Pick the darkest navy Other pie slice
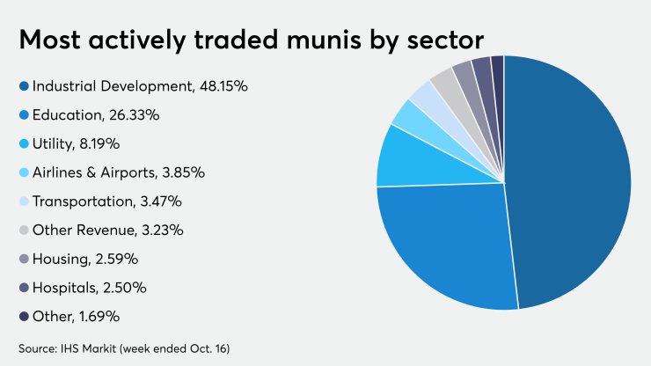(x=498, y=75)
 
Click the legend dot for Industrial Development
(x=24, y=86)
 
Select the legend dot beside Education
(x=24, y=115)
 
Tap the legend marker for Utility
(x=24, y=143)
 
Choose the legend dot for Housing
(x=24, y=259)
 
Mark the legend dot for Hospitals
(x=24, y=288)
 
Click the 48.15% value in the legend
(x=223, y=86)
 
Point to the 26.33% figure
(x=134, y=115)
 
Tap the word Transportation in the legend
(x=83, y=201)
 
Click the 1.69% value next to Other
(x=99, y=317)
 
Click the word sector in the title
(x=445, y=40)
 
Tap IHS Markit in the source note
(x=89, y=348)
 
